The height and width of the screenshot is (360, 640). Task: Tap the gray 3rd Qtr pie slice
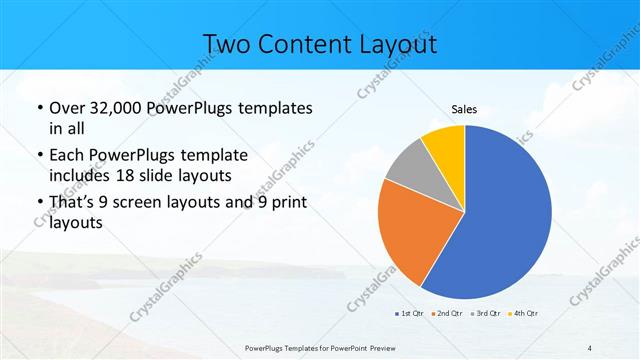[x=407, y=171]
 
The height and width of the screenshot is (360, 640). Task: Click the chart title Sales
[x=465, y=110]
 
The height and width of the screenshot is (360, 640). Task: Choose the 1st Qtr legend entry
[x=409, y=314]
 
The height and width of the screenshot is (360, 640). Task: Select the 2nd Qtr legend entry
[x=449, y=314]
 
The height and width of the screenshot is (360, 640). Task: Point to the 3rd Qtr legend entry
[x=488, y=314]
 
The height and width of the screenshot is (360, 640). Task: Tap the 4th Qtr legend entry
[x=526, y=314]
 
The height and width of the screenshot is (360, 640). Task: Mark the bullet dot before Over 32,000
[x=39, y=108]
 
